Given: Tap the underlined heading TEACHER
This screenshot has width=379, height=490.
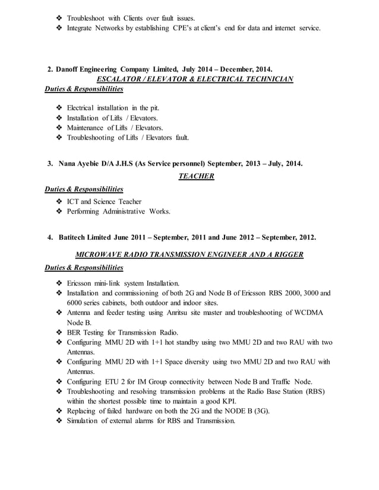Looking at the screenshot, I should [196, 175].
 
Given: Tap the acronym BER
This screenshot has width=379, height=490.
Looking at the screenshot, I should [76, 332].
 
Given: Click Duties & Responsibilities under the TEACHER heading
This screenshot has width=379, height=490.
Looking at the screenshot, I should [84, 189].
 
